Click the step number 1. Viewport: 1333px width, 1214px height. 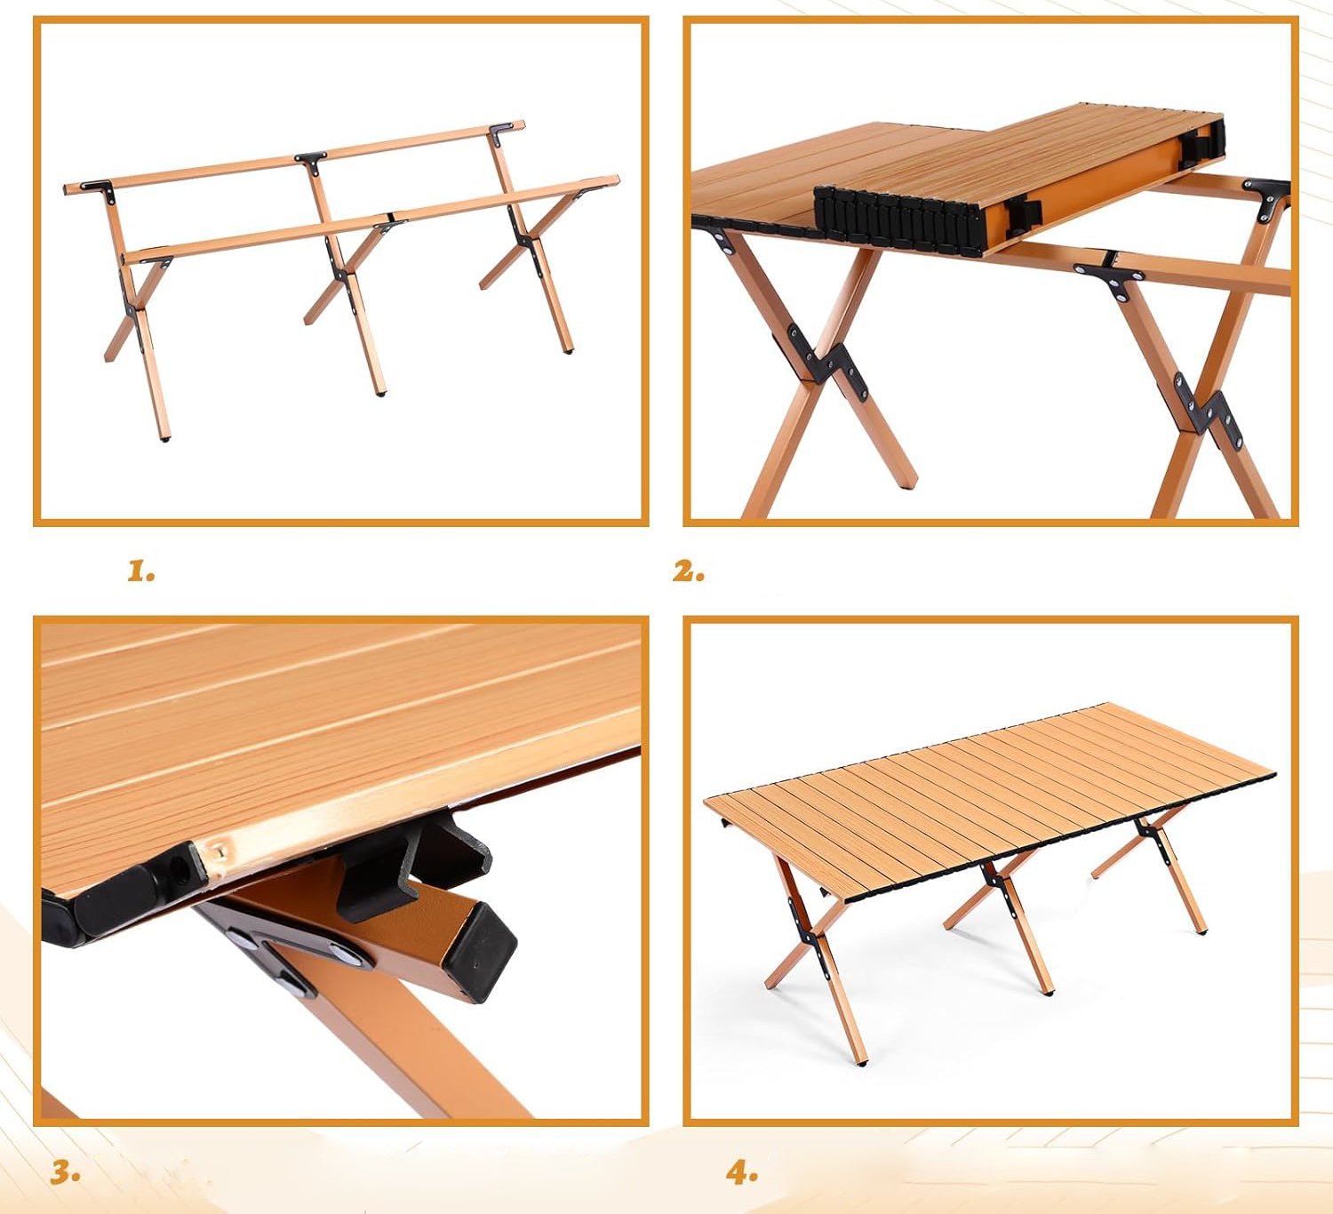click(141, 571)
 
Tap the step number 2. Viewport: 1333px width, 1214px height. click(689, 571)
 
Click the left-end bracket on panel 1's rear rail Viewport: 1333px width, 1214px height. click(99, 188)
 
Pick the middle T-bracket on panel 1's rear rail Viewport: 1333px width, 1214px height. click(311, 161)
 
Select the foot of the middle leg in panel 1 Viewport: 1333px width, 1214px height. click(380, 393)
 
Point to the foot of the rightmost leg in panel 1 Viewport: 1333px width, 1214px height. click(567, 349)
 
